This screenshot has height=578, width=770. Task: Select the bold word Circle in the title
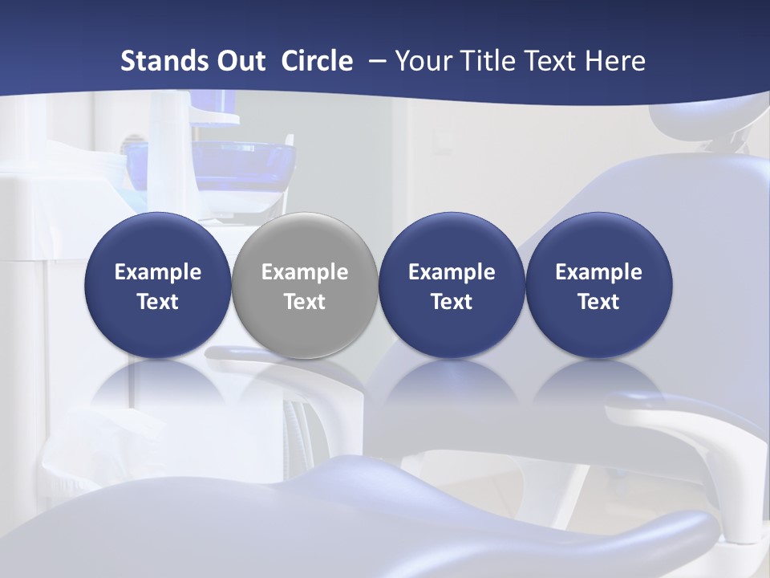click(317, 61)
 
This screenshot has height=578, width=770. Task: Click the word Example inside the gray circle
click(305, 272)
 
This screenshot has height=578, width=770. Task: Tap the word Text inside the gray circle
click(305, 302)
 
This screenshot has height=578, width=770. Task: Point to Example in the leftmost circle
click(158, 272)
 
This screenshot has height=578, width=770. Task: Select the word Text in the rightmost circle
click(598, 302)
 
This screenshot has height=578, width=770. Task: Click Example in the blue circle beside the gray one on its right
click(452, 272)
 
